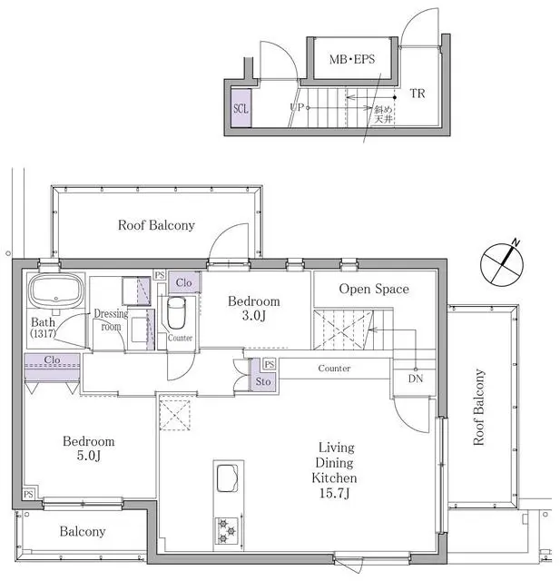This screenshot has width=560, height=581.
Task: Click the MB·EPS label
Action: (349, 60)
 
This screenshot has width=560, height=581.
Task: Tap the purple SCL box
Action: (241, 108)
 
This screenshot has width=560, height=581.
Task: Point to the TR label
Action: (418, 94)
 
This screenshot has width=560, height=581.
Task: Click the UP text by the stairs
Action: (296, 107)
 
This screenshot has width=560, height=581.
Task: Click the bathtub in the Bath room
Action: (55, 292)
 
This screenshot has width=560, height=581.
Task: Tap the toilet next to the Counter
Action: (176, 315)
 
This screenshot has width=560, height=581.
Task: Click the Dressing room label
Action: (112, 320)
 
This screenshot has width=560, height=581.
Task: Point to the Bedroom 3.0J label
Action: (253, 309)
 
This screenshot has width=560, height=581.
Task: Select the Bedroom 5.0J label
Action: (89, 448)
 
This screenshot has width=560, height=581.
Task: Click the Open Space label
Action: (373, 289)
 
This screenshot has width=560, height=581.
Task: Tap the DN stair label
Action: (415, 379)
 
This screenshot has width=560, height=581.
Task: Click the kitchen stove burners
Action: (225, 531)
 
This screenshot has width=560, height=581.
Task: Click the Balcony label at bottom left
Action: (83, 531)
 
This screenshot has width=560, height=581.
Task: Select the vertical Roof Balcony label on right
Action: (478, 406)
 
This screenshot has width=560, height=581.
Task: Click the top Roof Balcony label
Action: (156, 225)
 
